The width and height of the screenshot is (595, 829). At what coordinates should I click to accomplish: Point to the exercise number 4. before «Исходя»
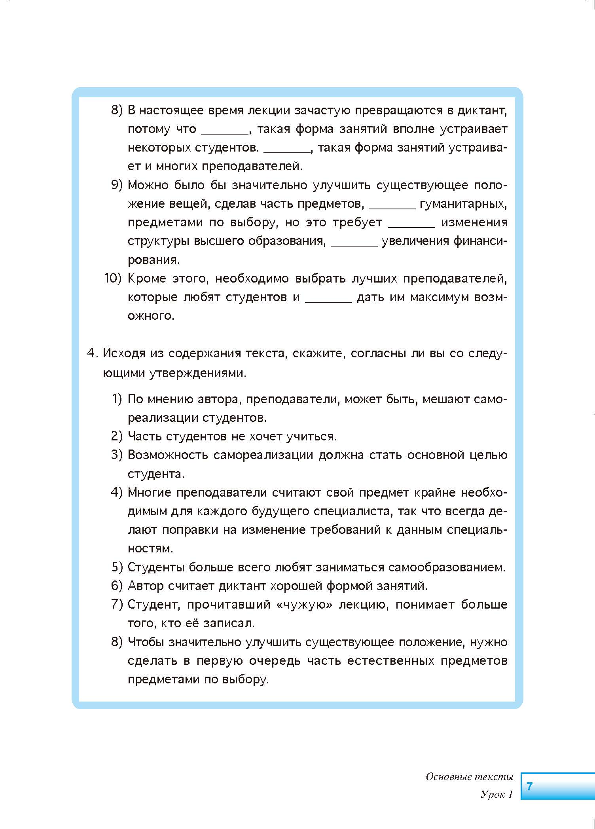coord(92,353)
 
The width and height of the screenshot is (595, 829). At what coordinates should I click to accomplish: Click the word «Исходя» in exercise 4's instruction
coord(123,353)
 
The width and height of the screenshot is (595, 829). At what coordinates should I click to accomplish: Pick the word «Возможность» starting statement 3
coord(168,455)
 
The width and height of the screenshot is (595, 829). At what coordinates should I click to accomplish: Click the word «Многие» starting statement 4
coord(149,493)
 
